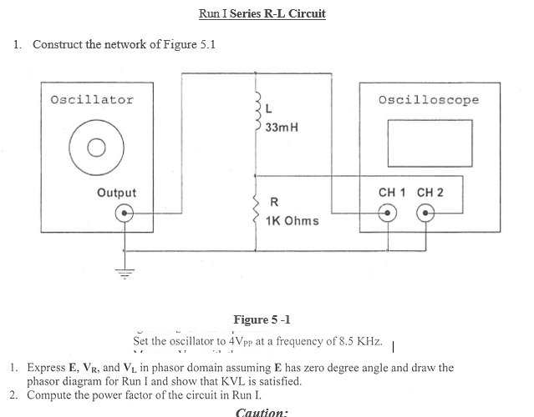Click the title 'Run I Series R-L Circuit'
[262, 13]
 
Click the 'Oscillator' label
[92, 100]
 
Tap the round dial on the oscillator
[94, 150]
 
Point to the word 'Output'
[117, 193]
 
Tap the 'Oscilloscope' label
[429, 100]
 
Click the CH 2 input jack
[427, 213]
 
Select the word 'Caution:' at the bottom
[262, 411]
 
